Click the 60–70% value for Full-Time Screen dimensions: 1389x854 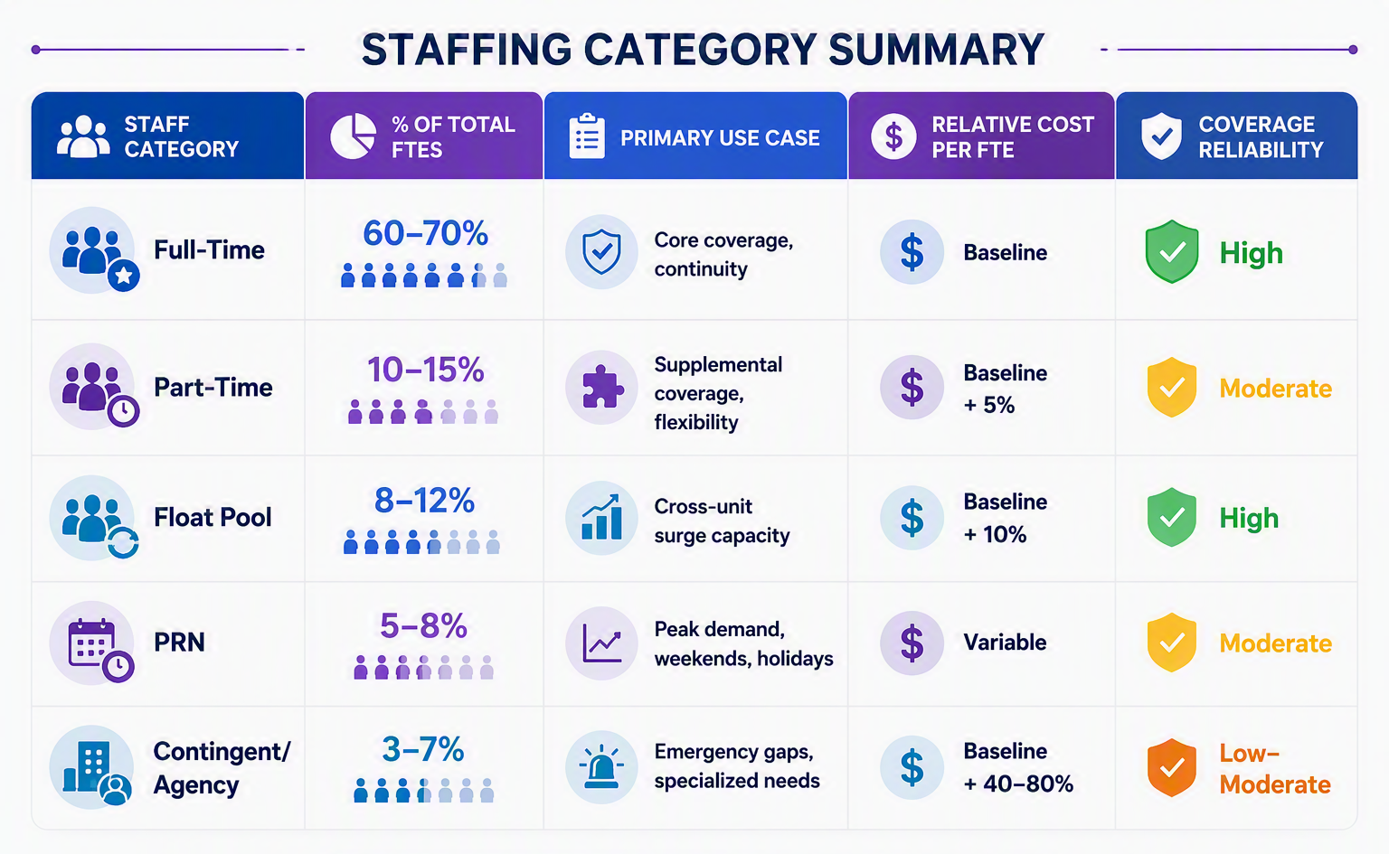pos(425,234)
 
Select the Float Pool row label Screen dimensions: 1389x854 pos(213,518)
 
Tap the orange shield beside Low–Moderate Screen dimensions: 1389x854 pos(1171,767)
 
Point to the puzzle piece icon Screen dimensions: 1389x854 pos(602,388)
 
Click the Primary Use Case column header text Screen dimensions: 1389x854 pos(720,137)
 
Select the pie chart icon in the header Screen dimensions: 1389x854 pos(353,136)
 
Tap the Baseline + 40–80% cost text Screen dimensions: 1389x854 pos(1018,767)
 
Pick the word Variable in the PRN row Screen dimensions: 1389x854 pos(1005,643)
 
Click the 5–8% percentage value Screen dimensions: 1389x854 pos(423,626)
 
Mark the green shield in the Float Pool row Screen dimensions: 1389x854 pos(1171,517)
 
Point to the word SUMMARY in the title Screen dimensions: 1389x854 pos(936,50)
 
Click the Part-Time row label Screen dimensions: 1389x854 pos(213,388)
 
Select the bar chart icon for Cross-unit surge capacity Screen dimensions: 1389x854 pos(600,518)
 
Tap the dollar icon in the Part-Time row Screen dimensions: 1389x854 pos(912,388)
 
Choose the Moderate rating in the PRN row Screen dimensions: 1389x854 pos(1276,643)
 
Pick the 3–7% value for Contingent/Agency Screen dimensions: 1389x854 pos(423,750)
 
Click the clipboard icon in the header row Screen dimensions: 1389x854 pos(587,136)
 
